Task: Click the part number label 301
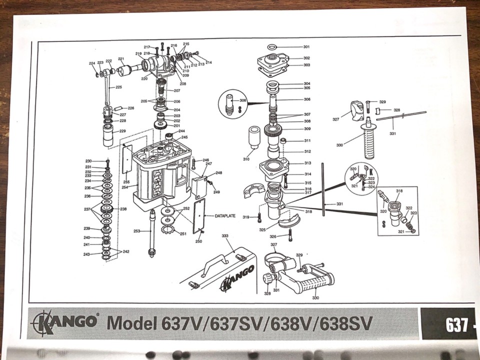point(306,47)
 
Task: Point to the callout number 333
point(225,235)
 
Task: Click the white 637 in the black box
point(456,325)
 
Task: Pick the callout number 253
point(136,231)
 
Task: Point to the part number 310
point(246,159)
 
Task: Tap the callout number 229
point(122,131)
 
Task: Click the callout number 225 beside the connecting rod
point(118,87)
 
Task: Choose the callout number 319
point(246,217)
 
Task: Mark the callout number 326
point(273,236)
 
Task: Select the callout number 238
point(123,209)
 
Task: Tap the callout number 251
point(183,233)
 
